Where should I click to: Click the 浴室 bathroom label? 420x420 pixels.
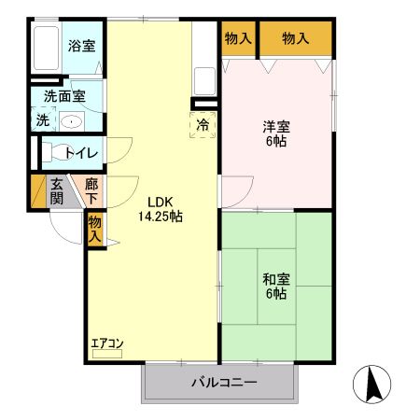(x=80, y=45)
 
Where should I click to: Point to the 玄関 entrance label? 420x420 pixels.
(x=58, y=191)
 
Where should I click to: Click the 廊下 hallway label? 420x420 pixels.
(x=91, y=191)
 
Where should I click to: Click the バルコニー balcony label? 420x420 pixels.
(x=224, y=382)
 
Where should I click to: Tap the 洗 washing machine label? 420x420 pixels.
(x=43, y=120)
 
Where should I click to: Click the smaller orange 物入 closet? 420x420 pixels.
(x=238, y=39)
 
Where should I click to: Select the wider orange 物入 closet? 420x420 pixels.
(x=295, y=39)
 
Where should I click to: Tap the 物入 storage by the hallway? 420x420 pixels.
(x=94, y=229)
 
